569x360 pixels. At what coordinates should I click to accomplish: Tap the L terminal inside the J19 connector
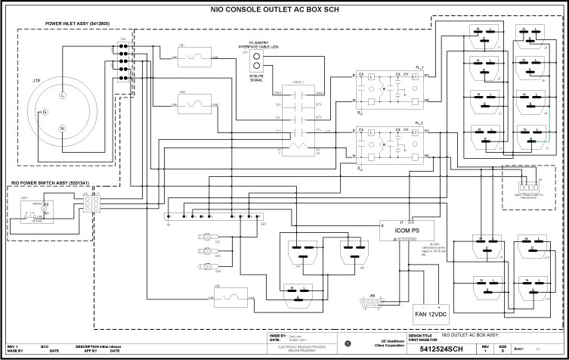point(63,96)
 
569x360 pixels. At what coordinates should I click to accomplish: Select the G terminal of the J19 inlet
point(45,112)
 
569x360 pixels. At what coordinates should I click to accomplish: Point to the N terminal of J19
point(63,128)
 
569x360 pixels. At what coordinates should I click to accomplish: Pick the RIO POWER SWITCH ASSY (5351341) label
point(50,183)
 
